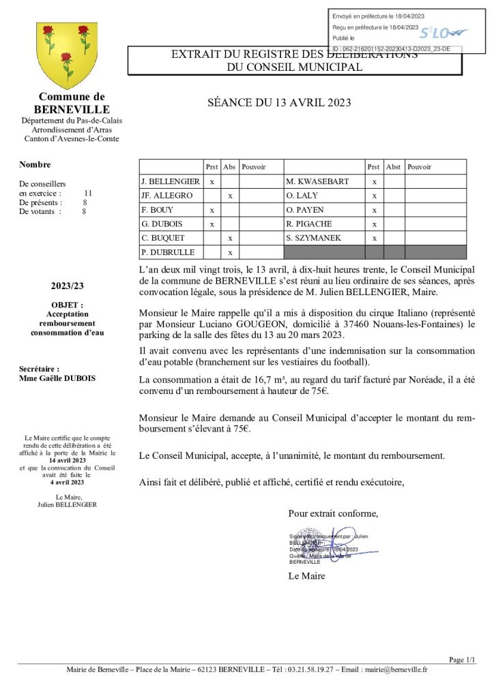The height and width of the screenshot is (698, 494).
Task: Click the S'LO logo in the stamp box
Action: pos(442,33)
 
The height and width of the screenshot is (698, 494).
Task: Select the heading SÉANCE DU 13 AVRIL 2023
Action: pos(279,103)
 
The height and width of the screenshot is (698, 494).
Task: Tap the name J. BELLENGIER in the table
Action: pos(171,182)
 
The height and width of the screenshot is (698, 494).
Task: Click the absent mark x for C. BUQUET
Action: pos(231,238)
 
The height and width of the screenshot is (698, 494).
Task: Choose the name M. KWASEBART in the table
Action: pos(317,182)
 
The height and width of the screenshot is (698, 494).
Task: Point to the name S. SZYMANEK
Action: pos(315,238)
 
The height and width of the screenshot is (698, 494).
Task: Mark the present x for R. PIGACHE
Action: pos(374,224)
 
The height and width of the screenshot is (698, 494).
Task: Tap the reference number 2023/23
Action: pos(68,286)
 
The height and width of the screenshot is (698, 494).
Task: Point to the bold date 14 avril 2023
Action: pos(67,461)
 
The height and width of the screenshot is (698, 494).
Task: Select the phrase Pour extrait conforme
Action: pos(332,513)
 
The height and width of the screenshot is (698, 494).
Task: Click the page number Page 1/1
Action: pos(462,659)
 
